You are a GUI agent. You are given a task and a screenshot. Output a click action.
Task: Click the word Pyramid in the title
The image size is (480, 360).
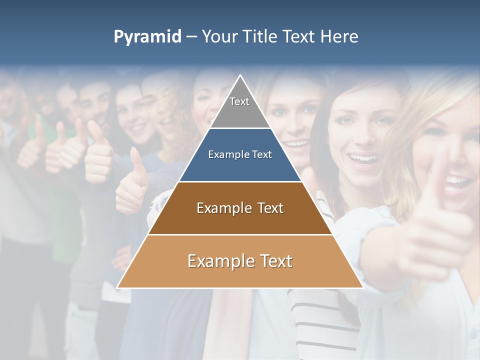147,36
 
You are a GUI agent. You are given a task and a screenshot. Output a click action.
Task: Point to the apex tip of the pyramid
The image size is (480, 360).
240,76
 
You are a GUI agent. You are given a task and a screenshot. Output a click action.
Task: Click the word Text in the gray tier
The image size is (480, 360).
239,101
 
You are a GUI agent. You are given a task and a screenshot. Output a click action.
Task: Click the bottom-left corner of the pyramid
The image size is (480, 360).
118,287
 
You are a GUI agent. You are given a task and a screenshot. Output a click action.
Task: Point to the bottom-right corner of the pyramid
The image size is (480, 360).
362,287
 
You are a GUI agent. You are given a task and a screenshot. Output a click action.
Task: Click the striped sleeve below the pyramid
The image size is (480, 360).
320,315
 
